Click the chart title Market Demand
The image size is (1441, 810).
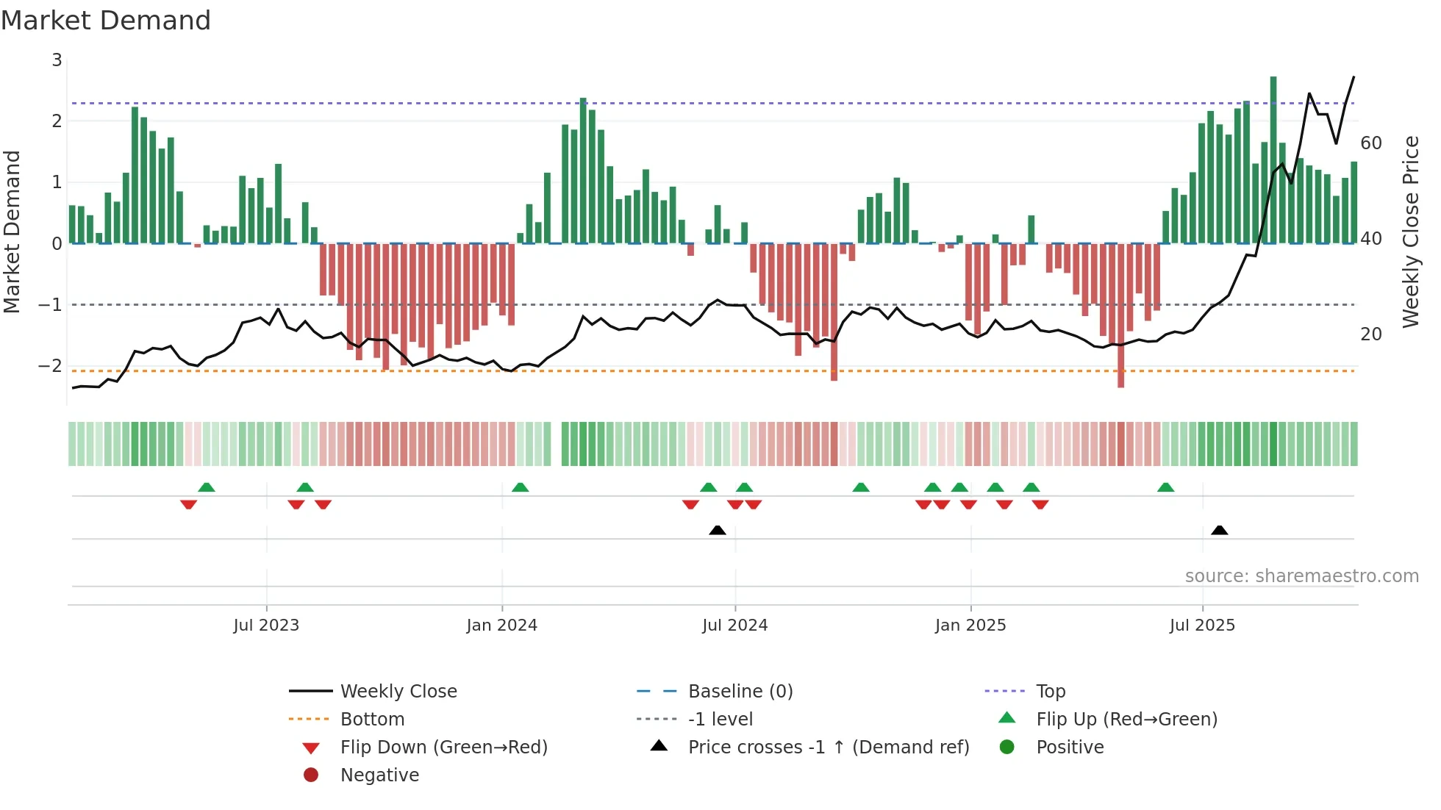[x=106, y=21]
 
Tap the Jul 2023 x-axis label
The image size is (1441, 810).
[x=266, y=626]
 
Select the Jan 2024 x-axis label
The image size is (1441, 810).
[x=502, y=626]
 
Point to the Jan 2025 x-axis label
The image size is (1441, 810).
[x=970, y=626]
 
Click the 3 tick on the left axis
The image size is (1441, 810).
[x=57, y=60]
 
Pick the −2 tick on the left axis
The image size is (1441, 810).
[x=51, y=366]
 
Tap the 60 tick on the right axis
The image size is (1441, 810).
[x=1370, y=143]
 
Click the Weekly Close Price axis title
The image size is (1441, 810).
[x=1410, y=232]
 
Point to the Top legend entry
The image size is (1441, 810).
[x=1051, y=692]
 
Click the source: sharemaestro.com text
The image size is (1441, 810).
[x=1301, y=576]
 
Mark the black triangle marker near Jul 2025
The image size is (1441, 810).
[x=1219, y=531]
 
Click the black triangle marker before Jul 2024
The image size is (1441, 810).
[x=718, y=531]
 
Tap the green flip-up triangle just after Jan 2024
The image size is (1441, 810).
[x=520, y=487]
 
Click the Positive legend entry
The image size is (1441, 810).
[x=1070, y=748]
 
